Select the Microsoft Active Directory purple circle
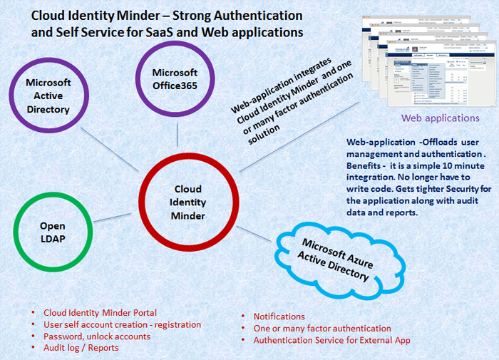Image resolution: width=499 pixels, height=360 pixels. tap(48, 96)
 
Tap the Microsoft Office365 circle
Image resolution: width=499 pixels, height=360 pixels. tap(175, 78)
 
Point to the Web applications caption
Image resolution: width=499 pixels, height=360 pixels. tap(440, 118)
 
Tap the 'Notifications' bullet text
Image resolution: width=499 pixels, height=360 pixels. tap(279, 317)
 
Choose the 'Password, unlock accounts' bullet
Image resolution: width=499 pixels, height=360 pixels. tap(97, 336)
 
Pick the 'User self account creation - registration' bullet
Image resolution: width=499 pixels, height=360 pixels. tap(122, 324)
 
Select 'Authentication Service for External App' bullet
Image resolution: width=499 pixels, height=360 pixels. tap(332, 341)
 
